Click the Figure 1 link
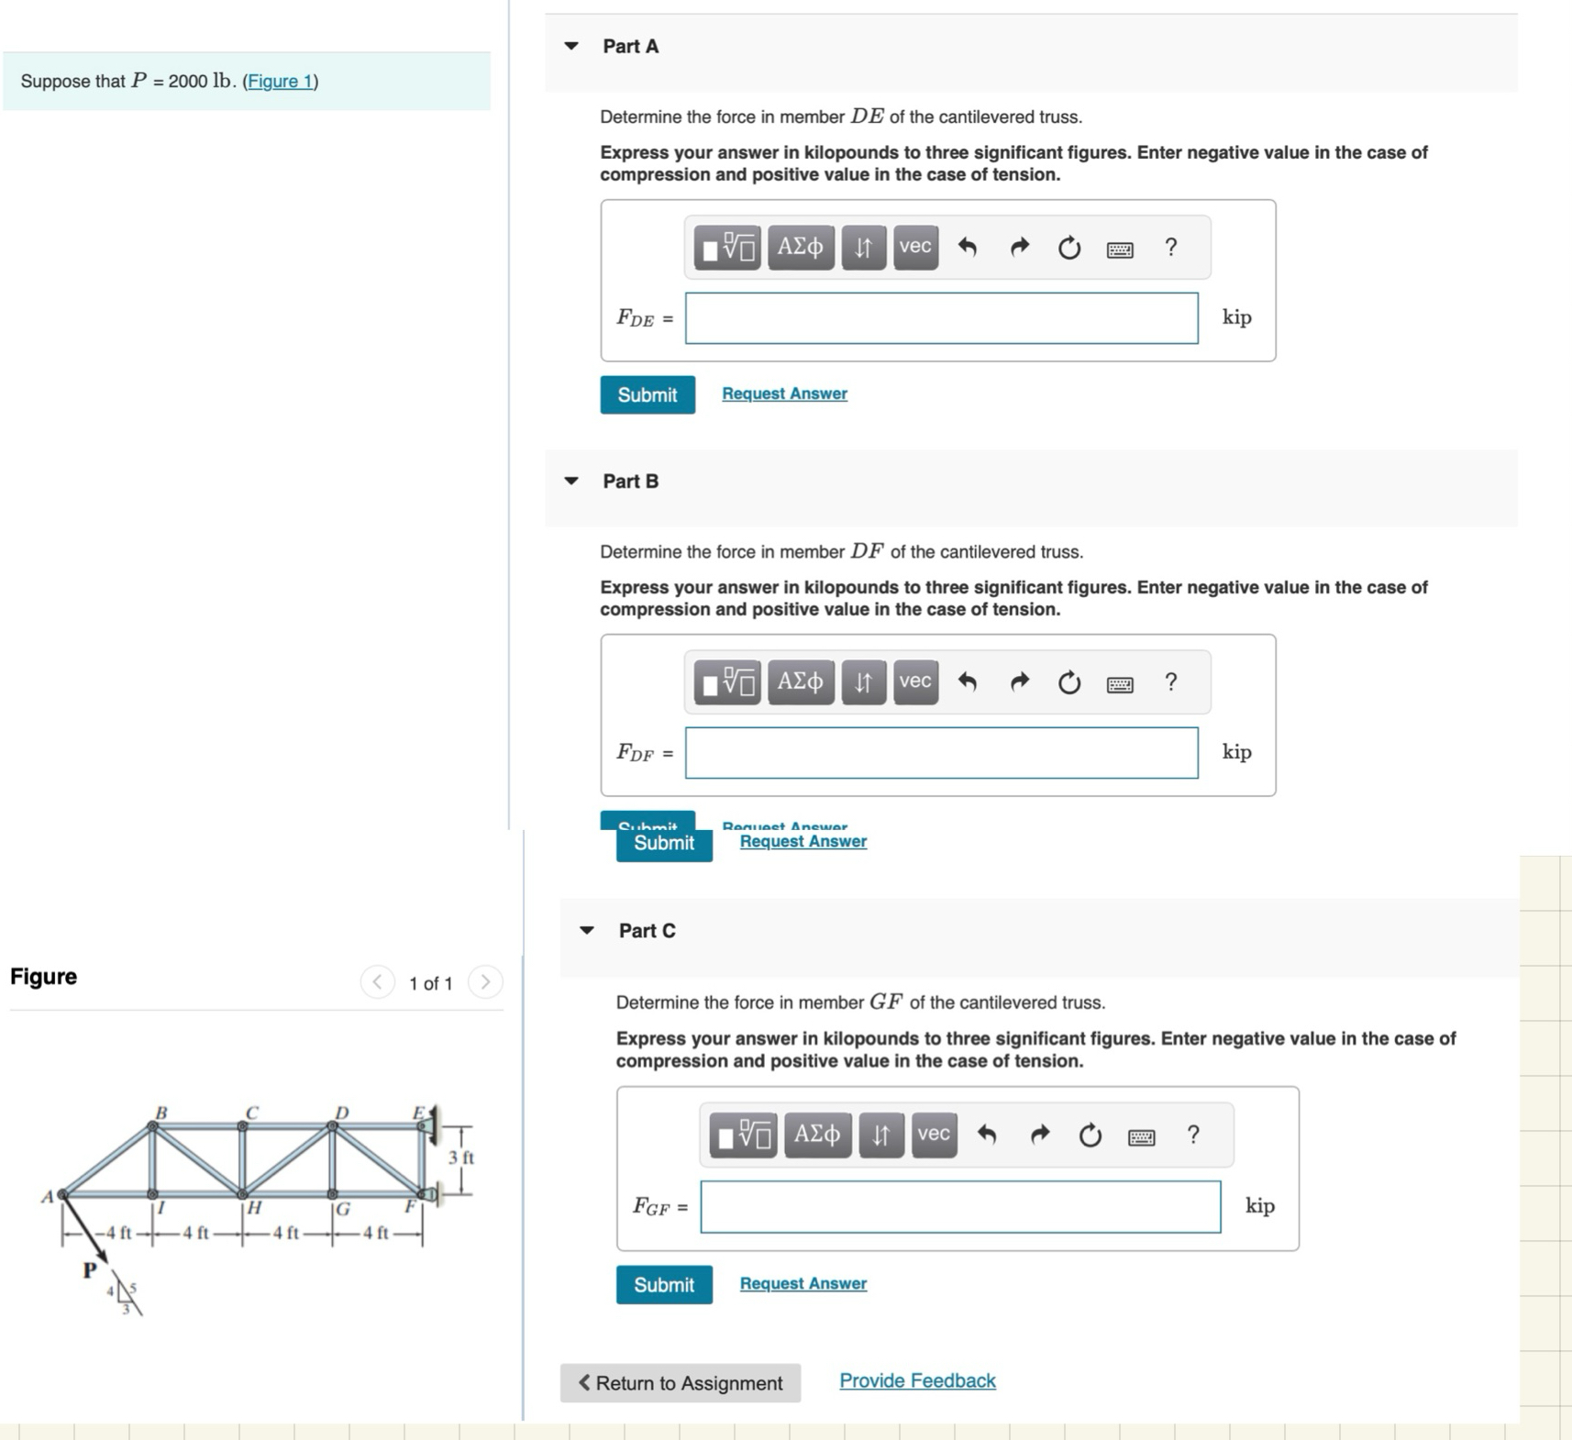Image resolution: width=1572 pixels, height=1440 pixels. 280,82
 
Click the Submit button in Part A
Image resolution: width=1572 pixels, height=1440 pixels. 647,395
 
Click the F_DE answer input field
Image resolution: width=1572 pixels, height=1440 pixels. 941,318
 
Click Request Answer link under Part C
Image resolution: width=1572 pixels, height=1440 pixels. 803,1283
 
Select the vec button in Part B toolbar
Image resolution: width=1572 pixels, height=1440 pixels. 915,681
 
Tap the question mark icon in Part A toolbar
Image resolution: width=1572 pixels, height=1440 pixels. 1170,248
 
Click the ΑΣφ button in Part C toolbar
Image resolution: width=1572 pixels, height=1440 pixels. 816,1135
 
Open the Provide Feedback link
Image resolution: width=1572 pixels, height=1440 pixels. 916,1380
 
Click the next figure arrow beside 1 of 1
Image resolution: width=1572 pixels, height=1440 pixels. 485,982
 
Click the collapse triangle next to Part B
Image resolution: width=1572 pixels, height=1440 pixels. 571,481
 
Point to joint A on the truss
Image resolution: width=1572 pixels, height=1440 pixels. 62,1194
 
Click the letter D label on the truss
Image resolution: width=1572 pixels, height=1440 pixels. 341,1113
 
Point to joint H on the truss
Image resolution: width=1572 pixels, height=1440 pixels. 242,1194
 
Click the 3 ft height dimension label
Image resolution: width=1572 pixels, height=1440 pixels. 460,1158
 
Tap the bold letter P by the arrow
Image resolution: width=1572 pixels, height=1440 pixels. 89,1270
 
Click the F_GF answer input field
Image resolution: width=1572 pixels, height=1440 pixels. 959,1207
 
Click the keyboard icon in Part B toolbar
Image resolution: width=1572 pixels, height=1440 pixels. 1119,684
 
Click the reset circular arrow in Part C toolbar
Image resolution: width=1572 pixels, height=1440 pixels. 1090,1135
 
